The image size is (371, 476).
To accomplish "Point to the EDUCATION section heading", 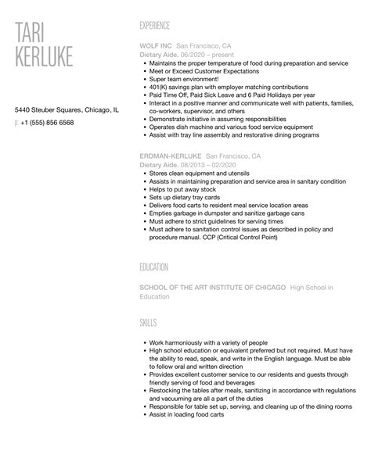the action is [x=154, y=267].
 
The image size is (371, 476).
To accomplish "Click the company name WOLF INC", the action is [x=155, y=45].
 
